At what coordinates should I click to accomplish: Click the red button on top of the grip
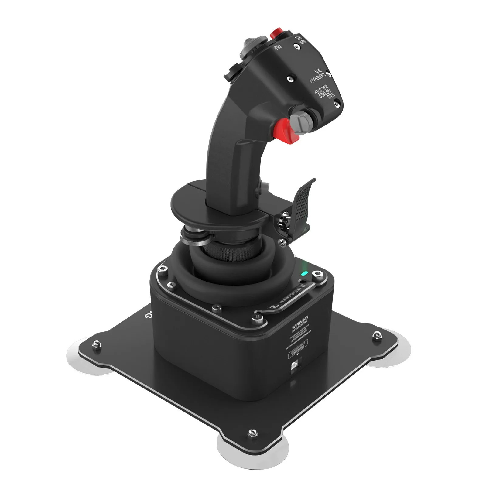[x=276, y=33]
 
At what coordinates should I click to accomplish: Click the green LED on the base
[x=304, y=273]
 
